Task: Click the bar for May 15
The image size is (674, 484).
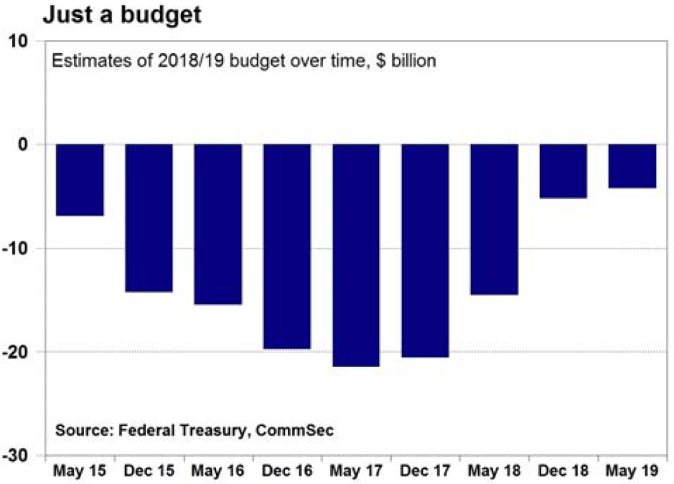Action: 80,179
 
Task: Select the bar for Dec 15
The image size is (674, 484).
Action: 149,218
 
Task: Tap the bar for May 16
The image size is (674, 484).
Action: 218,224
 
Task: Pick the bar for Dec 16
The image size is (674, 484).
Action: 287,246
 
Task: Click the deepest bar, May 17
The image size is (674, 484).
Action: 356,255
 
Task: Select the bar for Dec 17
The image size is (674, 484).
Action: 425,250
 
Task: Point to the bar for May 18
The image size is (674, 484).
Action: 495,219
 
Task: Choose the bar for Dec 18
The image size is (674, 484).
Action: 563,171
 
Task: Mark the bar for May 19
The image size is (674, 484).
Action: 632,166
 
